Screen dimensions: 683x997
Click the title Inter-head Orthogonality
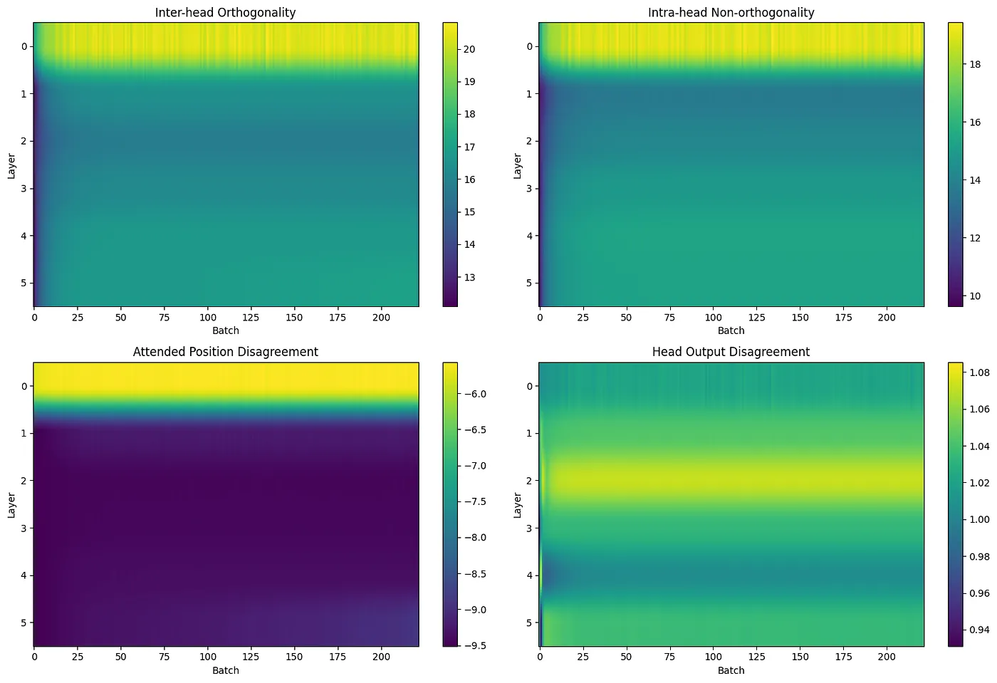(x=225, y=12)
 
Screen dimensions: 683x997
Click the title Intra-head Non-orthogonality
(x=731, y=12)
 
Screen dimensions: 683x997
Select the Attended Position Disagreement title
(x=225, y=352)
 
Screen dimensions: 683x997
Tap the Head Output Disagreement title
(x=731, y=352)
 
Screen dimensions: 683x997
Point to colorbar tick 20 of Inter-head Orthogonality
(x=469, y=49)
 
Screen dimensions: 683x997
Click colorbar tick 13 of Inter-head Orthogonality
(x=469, y=277)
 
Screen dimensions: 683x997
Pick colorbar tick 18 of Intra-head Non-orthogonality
(x=974, y=64)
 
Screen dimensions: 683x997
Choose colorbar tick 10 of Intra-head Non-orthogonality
(x=974, y=296)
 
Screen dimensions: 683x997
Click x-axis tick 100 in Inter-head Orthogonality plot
(x=208, y=318)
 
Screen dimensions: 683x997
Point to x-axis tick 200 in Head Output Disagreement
(x=887, y=657)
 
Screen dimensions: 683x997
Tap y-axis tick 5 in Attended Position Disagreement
(x=24, y=622)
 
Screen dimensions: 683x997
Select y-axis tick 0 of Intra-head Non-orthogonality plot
(x=529, y=46)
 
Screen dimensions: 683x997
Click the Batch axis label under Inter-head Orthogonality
(x=225, y=330)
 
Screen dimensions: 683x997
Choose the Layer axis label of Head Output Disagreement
(x=518, y=504)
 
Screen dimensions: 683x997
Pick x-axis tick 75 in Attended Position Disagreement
(x=165, y=657)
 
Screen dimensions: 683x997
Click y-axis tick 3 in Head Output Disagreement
(x=529, y=528)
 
